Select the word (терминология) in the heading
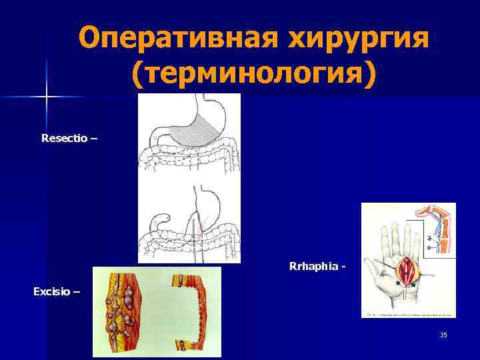[253, 75]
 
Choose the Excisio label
[55, 291]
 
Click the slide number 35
[443, 335]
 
